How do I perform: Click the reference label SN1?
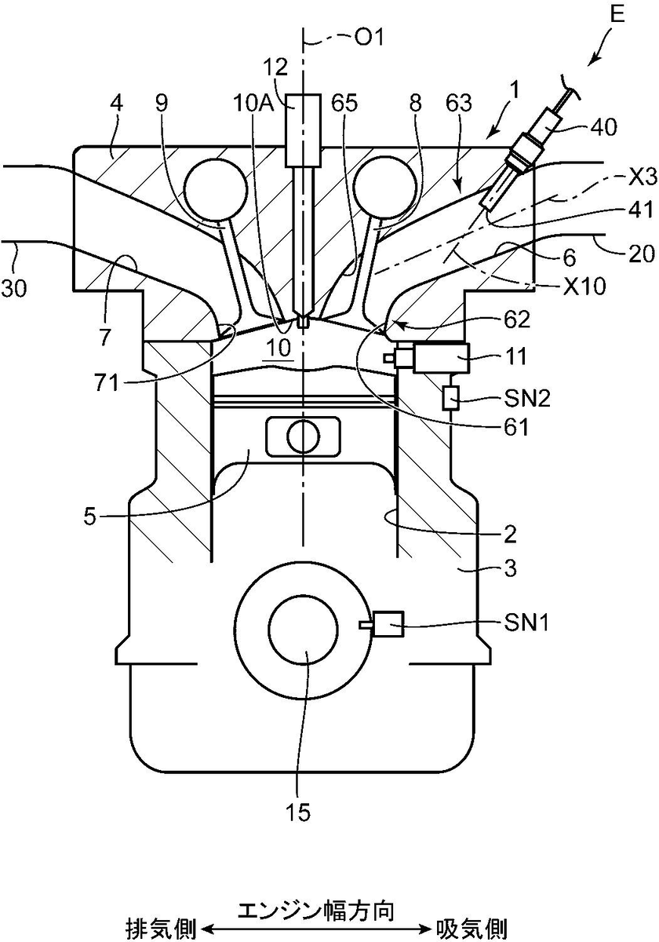(x=526, y=623)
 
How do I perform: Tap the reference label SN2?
(x=527, y=397)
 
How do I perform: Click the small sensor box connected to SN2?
(x=451, y=397)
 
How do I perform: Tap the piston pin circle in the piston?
(x=303, y=436)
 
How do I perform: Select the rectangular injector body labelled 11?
(x=442, y=358)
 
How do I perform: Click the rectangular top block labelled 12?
(x=303, y=130)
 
